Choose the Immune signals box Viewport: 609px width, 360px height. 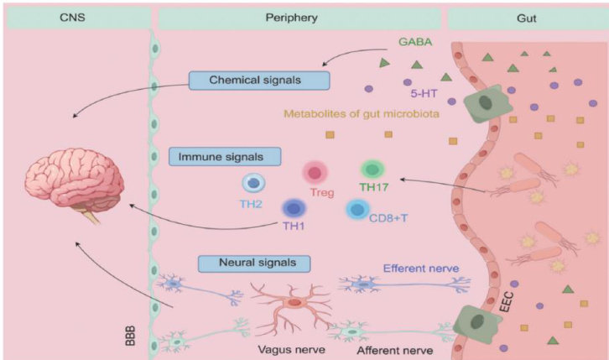click(x=225, y=156)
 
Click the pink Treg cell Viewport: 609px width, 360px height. click(x=316, y=174)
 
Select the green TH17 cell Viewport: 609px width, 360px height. click(x=372, y=170)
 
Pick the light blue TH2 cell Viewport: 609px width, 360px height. click(x=254, y=183)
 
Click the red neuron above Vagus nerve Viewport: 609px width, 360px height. click(x=294, y=303)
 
